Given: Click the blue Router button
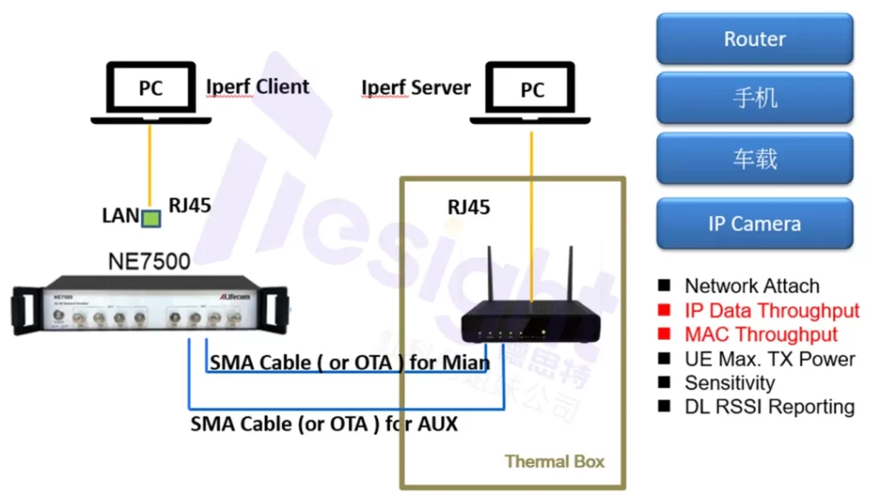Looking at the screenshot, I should tap(755, 39).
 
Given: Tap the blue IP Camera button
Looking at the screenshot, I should tap(755, 223).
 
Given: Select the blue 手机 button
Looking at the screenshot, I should tap(755, 98).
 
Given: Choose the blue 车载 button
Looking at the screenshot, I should tap(755, 158).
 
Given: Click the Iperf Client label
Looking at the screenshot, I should tap(258, 87).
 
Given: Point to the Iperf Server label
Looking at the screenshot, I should tap(416, 88).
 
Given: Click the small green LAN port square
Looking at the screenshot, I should tap(151, 218).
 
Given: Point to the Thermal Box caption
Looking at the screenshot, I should tap(554, 461).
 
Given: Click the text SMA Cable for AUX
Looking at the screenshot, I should tap(324, 423).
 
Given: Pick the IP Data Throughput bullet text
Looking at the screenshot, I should tap(772, 310).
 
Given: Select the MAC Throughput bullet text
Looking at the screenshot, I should tap(761, 334).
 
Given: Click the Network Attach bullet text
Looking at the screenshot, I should tap(752, 286).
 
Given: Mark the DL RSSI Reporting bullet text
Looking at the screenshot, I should tap(769, 406).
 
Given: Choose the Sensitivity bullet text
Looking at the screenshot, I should tap(730, 382).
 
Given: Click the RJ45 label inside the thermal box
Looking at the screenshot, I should tap(469, 207).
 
